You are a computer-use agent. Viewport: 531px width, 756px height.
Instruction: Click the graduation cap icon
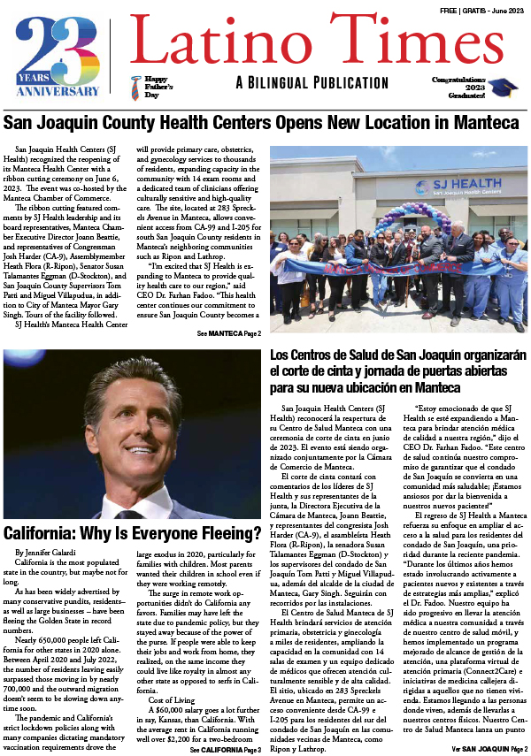tap(505, 87)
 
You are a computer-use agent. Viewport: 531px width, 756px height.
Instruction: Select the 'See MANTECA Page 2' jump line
tap(229, 333)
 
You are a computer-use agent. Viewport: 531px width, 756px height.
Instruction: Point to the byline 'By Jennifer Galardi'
tap(45, 551)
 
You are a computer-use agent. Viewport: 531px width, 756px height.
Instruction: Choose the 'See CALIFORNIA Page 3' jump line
tap(226, 750)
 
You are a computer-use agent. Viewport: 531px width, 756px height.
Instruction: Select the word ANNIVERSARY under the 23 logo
tap(58, 90)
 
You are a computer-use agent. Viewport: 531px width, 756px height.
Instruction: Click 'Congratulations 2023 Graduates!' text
tap(461, 87)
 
